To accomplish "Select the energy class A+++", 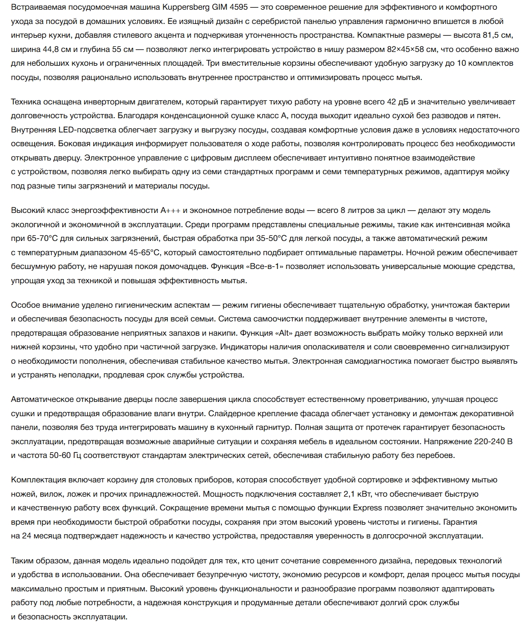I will pyautogui.click(x=171, y=210).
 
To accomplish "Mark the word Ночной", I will pyautogui.click(x=429, y=253).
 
